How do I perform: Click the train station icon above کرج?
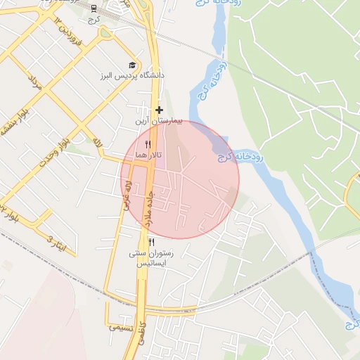click(x=94, y=8)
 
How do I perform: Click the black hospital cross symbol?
click(x=160, y=110)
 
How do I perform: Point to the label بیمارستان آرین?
click(x=159, y=122)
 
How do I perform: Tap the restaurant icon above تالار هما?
click(x=148, y=143)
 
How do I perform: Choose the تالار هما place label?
click(x=148, y=154)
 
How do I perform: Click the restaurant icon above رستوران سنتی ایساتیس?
click(x=152, y=243)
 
